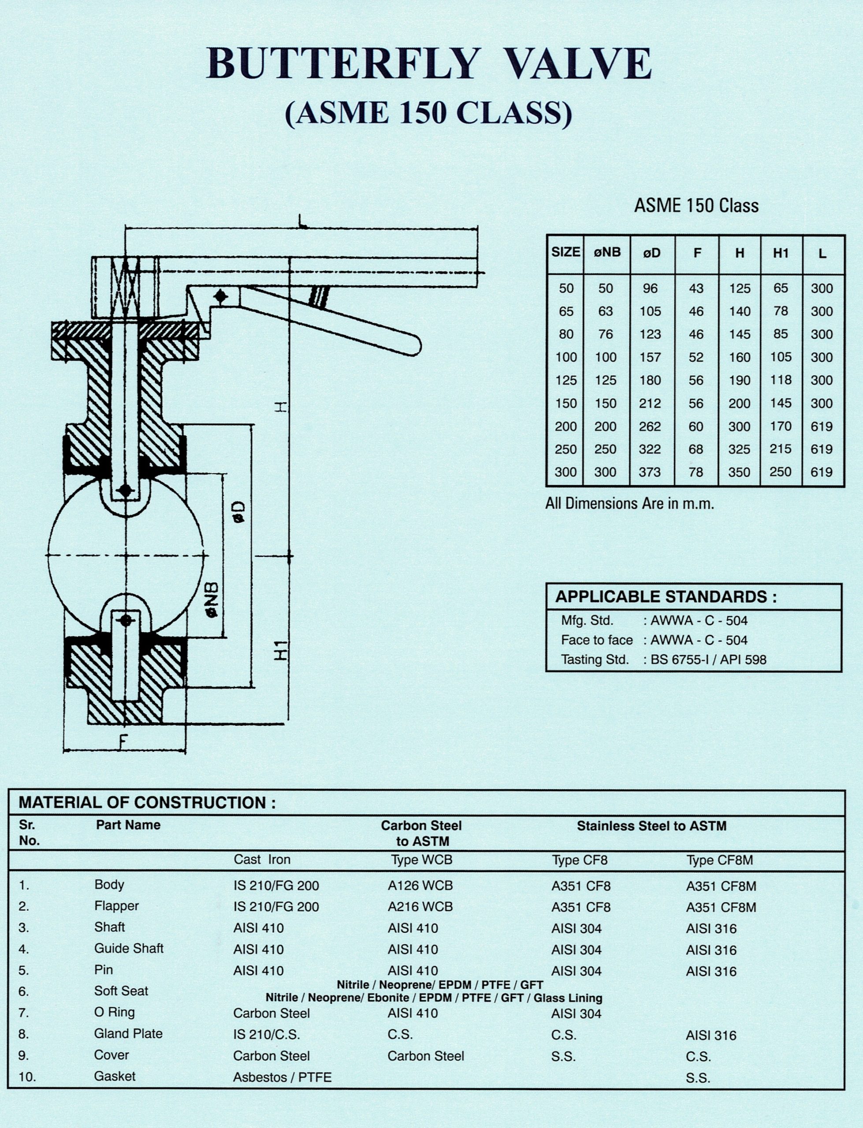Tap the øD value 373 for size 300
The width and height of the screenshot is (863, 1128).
pyautogui.click(x=650, y=472)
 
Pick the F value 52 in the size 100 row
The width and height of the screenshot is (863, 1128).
pyautogui.click(x=696, y=357)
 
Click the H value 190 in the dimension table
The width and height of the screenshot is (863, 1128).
pyautogui.click(x=739, y=380)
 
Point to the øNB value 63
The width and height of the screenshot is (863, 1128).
pyautogui.click(x=606, y=311)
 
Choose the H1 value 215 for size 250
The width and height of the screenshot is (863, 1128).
pyautogui.click(x=780, y=449)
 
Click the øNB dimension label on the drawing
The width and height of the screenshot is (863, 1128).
pyautogui.click(x=212, y=600)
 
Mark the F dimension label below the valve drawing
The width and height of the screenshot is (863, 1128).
pyautogui.click(x=123, y=742)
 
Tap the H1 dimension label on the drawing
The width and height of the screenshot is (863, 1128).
pyautogui.click(x=281, y=651)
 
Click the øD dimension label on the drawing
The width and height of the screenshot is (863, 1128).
pyautogui.click(x=239, y=512)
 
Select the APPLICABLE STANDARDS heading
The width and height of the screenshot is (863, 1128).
pyautogui.click(x=666, y=597)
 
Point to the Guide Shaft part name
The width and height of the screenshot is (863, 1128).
pyautogui.click(x=128, y=948)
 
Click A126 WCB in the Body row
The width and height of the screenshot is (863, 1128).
pyautogui.click(x=420, y=886)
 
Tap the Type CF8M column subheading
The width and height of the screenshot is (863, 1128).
pyautogui.click(x=719, y=860)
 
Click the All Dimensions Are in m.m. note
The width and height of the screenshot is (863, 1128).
pyautogui.click(x=629, y=504)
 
